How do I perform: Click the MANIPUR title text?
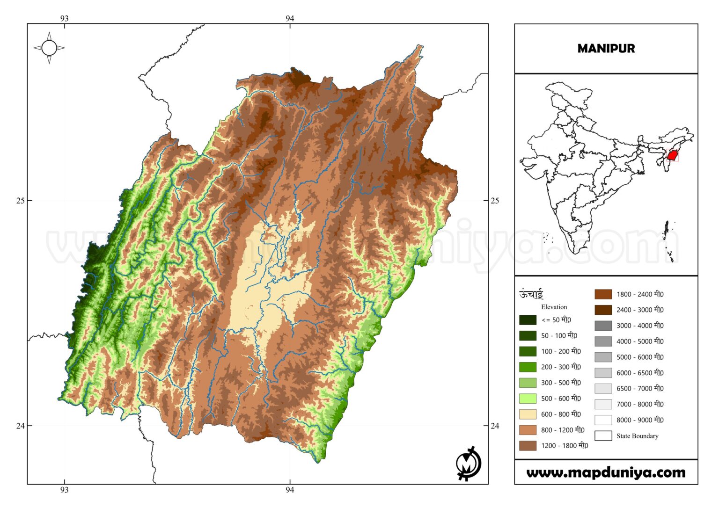point(606,49)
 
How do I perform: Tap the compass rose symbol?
point(49,48)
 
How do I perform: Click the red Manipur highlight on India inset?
point(673,155)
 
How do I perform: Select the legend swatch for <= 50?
point(528,320)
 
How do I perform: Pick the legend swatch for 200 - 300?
point(528,367)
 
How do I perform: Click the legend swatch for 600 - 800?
point(528,414)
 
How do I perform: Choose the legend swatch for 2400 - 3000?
point(603,310)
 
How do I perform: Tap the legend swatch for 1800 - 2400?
point(603,294)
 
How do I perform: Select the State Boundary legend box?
point(603,436)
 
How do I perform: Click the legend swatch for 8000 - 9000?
point(603,420)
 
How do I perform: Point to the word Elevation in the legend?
point(554,307)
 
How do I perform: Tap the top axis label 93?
point(64,18)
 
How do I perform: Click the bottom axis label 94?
point(290,490)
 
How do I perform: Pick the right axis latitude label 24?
point(495,426)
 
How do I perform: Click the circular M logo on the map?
point(468,464)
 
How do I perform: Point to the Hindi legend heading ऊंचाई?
point(531,294)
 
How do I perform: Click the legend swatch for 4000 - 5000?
point(603,341)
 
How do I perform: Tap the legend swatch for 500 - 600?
point(528,399)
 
